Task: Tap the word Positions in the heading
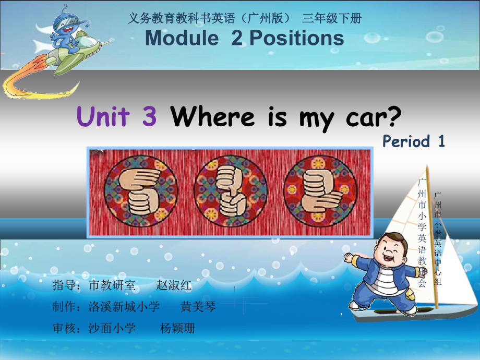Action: pos(296,38)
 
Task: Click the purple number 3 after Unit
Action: pos(149,116)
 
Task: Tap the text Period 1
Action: pos(413,141)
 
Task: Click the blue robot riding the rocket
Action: pos(64,31)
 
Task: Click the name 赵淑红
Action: pos(174,285)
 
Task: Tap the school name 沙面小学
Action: pos(112,328)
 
